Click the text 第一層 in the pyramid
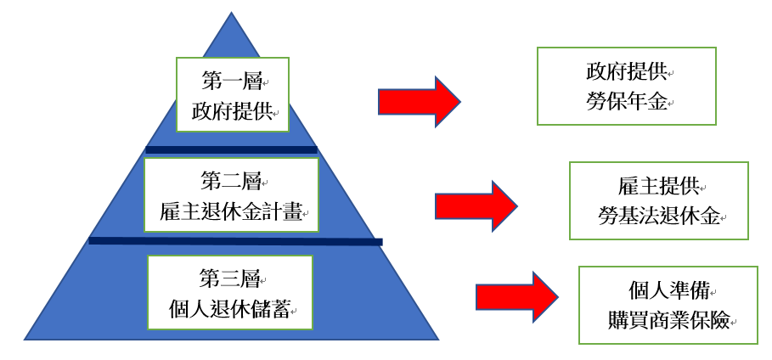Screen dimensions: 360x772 pos(232,82)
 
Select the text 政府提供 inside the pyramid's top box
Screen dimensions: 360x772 pos(232,111)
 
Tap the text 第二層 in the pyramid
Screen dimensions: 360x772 pos(231,181)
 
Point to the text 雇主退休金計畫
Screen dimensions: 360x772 pos(231,211)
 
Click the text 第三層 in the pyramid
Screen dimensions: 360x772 pos(232,278)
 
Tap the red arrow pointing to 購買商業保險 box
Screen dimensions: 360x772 pos(516,297)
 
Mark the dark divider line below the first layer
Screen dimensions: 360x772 pos(231,149)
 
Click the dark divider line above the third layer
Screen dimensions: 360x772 pos(235,241)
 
